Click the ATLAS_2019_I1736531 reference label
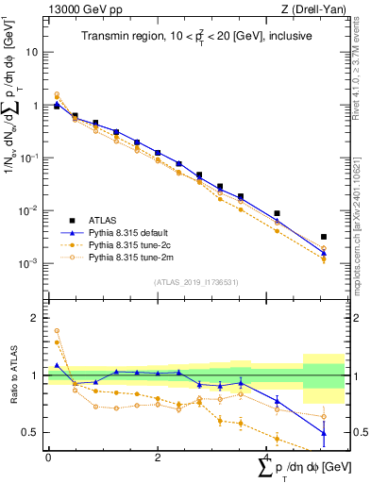point(194,281)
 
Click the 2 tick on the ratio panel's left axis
point(38,318)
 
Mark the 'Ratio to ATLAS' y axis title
point(12,375)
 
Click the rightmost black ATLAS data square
point(324,237)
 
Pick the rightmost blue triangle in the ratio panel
point(324,433)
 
